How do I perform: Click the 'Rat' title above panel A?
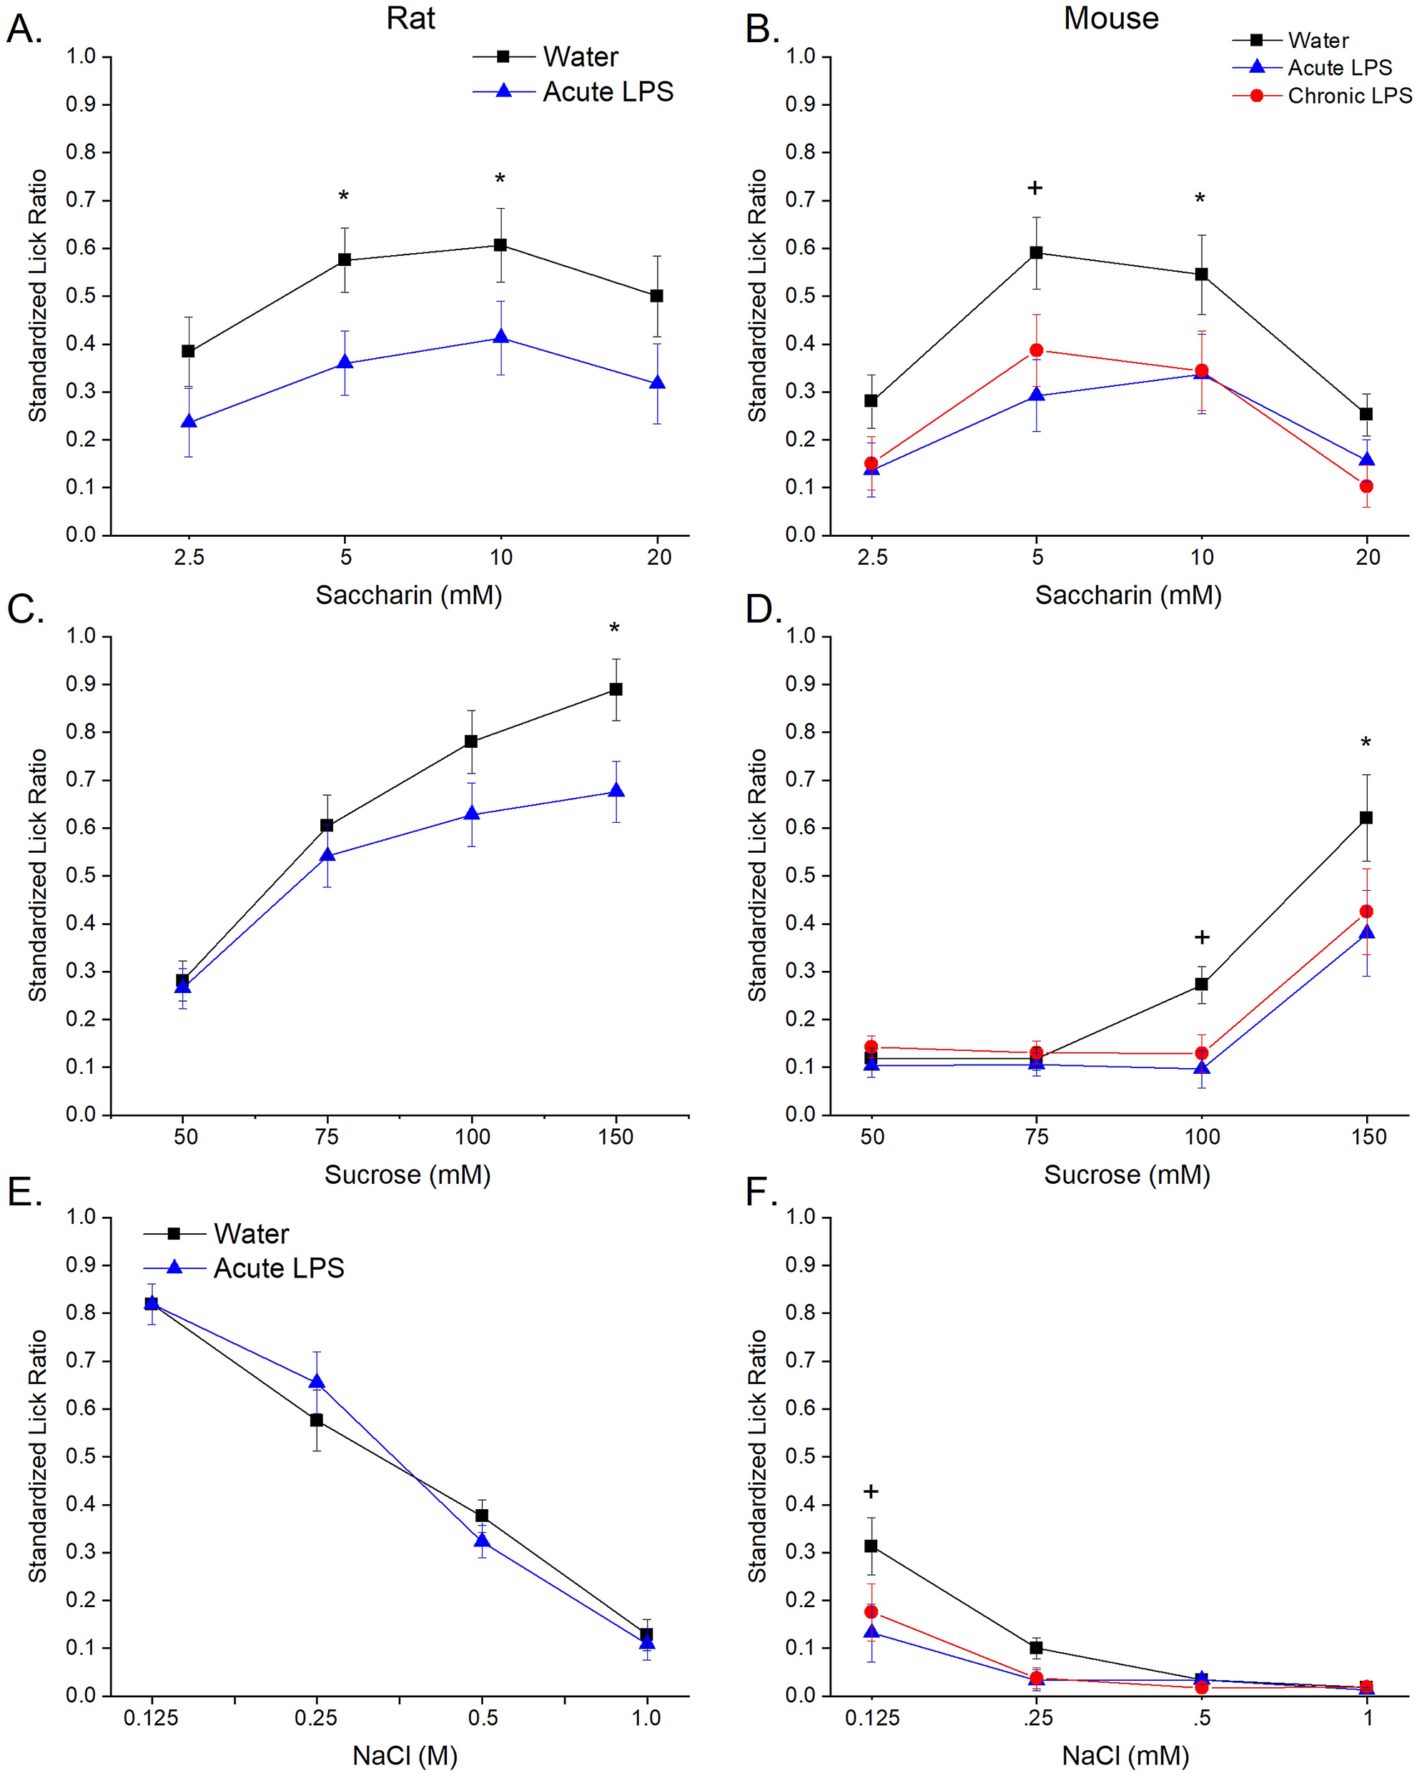click(410, 18)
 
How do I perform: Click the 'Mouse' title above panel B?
click(1110, 18)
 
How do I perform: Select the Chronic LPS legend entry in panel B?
click(1349, 97)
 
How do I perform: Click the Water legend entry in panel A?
click(580, 56)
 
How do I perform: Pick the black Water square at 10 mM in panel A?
click(500, 245)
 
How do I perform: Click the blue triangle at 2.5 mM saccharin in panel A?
click(188, 422)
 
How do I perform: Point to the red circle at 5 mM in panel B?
click(1036, 350)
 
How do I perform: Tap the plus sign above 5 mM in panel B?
click(1035, 188)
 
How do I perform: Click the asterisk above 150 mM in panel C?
click(614, 630)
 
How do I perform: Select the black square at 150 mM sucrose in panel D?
click(1366, 817)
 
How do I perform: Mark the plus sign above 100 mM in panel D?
click(1202, 937)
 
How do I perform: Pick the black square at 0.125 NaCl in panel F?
click(871, 1546)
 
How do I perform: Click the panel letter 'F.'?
click(761, 1192)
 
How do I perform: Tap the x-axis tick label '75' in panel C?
click(327, 1137)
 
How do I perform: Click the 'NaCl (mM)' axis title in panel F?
click(1126, 1756)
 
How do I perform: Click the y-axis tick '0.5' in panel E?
click(81, 1457)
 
